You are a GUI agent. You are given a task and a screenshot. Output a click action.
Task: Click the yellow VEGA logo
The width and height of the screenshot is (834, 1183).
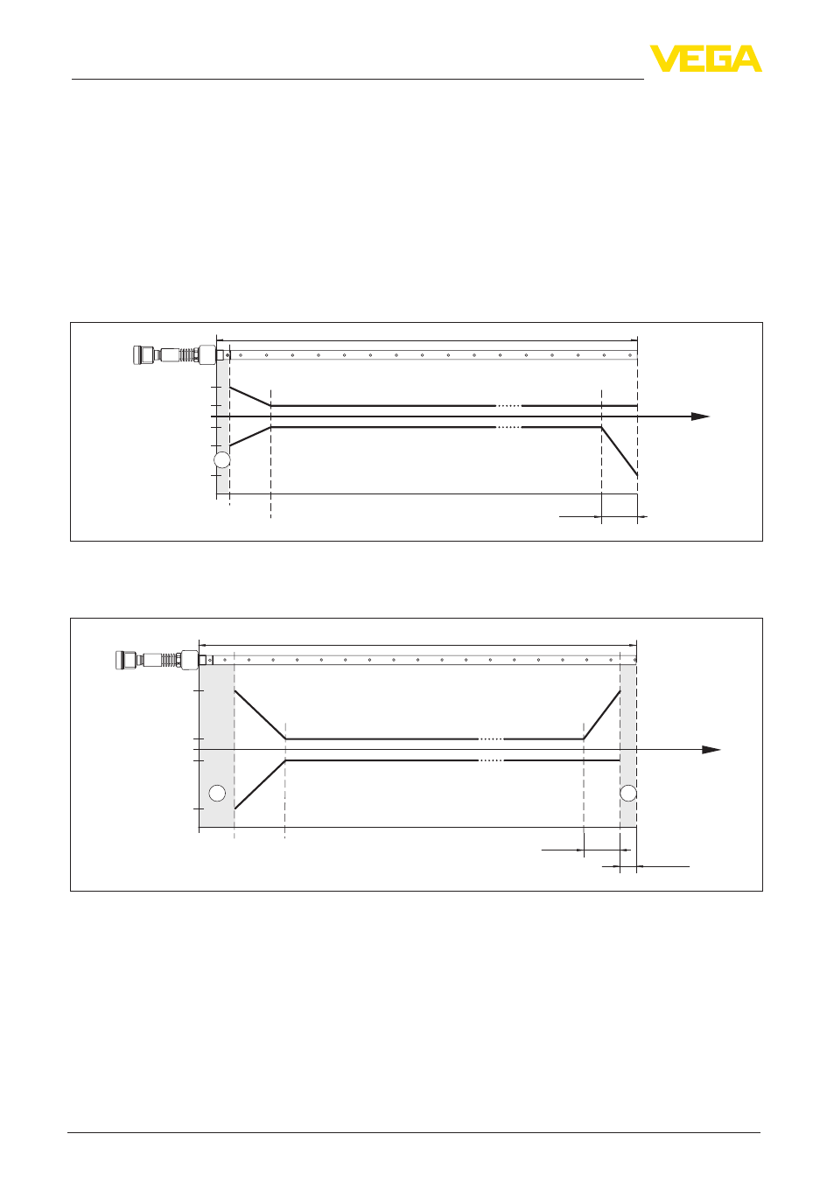pyautogui.click(x=705, y=59)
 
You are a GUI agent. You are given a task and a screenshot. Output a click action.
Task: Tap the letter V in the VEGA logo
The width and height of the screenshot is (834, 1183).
pyautogui.click(x=665, y=59)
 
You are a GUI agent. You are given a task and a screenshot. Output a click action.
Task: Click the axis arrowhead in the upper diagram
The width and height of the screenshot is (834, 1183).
pyautogui.click(x=700, y=416)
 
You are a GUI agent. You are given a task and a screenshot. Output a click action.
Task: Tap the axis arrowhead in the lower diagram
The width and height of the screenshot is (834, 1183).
pyautogui.click(x=711, y=750)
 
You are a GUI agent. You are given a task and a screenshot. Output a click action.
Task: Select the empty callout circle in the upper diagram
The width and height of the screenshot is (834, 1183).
pyautogui.click(x=221, y=460)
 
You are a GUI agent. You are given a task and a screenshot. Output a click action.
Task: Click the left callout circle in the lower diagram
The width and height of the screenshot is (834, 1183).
pyautogui.click(x=217, y=794)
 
